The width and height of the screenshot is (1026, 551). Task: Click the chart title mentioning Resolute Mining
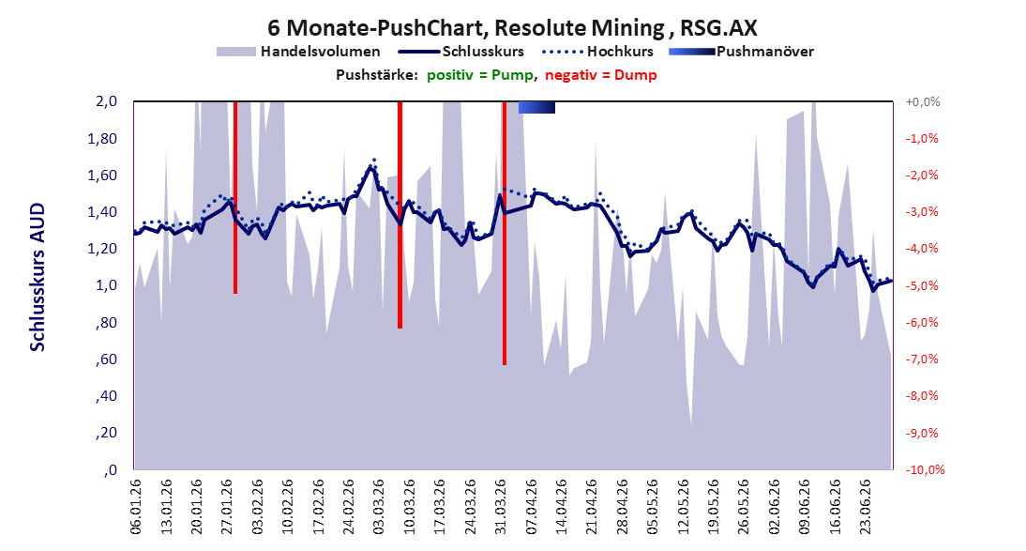coord(512,27)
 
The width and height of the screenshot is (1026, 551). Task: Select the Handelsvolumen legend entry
coord(298,51)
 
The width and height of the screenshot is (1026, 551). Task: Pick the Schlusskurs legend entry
coord(462,51)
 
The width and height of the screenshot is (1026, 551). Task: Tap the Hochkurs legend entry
coord(597,51)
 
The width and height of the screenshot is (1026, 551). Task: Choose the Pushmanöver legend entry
coord(741,51)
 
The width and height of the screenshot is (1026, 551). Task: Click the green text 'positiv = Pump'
coord(479,75)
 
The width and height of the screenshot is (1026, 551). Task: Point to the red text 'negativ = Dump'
coord(600,75)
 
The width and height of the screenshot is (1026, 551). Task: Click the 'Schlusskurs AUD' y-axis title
coord(38,277)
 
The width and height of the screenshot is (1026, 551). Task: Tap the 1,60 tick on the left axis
coord(103,176)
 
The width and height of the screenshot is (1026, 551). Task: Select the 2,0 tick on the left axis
coord(106,101)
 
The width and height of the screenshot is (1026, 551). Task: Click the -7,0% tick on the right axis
coord(923,360)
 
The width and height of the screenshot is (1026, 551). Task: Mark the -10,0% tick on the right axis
coord(926,469)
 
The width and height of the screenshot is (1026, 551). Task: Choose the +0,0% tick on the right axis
coord(923,102)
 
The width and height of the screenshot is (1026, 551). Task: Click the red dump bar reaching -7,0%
coord(505,233)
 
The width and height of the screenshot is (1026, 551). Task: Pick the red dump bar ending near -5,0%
coord(234,198)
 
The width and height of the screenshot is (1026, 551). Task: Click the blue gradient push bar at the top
coord(536,107)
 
